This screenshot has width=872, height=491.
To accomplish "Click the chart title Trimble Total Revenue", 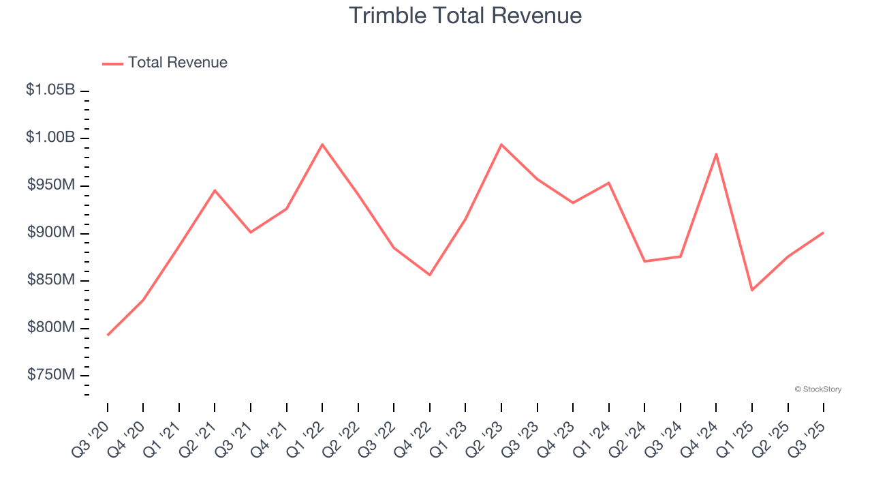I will [x=465, y=16].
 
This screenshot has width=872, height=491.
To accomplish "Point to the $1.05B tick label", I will [x=50, y=89].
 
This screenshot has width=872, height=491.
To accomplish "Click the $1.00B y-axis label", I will [x=50, y=137].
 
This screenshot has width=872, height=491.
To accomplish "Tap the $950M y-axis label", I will [x=51, y=185].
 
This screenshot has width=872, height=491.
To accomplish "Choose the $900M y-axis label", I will [x=51, y=233].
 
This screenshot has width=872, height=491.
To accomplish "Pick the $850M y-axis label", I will [x=51, y=280].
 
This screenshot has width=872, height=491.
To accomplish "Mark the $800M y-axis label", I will [x=51, y=327].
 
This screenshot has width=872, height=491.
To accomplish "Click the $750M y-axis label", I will [x=51, y=375].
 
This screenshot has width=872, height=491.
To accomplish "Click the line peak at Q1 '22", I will [x=322, y=145].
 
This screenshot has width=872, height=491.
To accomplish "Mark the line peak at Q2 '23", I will [x=501, y=145].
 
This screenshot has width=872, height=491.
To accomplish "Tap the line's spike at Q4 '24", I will [x=716, y=154].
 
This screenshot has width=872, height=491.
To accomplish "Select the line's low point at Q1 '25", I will [x=752, y=290].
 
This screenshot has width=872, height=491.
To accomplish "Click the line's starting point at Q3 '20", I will [x=108, y=335].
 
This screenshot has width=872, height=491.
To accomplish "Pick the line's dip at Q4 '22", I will [x=430, y=275].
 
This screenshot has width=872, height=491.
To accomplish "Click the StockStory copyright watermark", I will [x=817, y=389].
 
